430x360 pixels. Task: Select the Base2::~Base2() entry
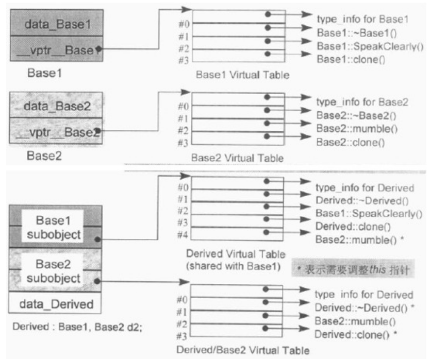click(x=342, y=114)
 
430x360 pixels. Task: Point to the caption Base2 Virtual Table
click(x=237, y=158)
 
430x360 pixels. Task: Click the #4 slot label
click(x=182, y=234)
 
